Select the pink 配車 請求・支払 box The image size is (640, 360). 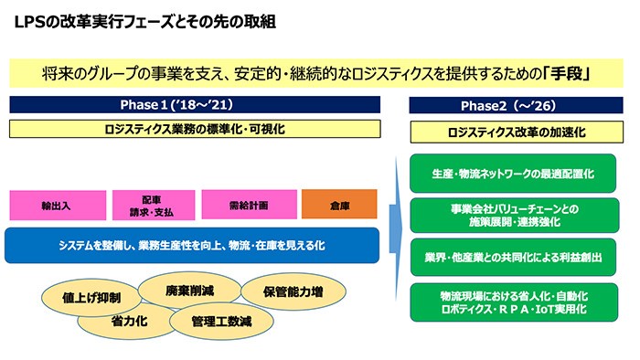tap(151, 205)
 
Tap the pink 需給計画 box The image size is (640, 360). tap(247, 205)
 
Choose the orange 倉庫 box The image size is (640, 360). tap(340, 205)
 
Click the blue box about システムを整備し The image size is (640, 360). tap(190, 246)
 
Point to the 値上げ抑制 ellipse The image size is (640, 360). tap(91, 297)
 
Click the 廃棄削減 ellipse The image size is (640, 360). tap(189, 291)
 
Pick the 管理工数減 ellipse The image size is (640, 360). tap(221, 322)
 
